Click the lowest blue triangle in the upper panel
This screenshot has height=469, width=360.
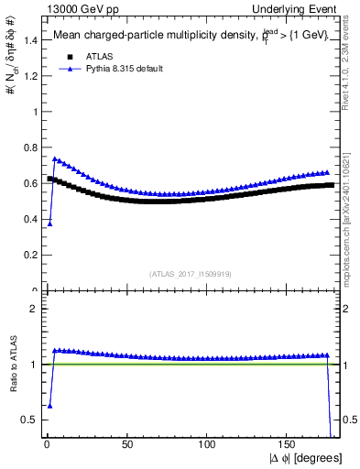tap(49, 224)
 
